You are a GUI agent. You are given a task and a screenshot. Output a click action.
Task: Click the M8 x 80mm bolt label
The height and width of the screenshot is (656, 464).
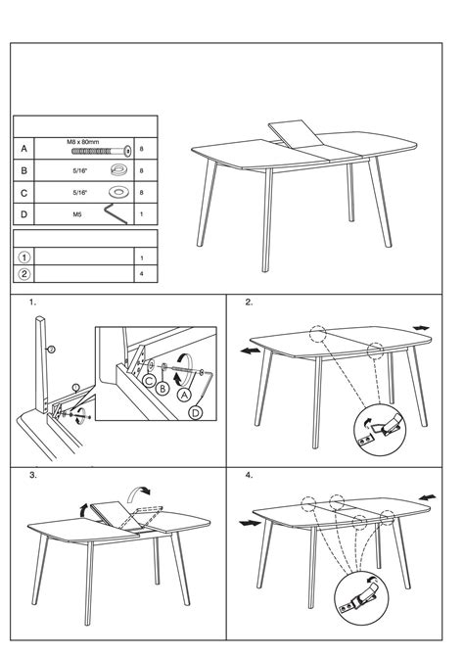tap(83, 142)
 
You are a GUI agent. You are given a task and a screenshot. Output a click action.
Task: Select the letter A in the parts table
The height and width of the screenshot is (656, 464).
tap(23, 149)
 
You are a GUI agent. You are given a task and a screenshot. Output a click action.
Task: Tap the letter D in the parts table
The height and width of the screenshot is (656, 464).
tap(23, 214)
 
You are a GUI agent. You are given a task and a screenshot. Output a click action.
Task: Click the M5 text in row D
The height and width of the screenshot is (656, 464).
tap(77, 214)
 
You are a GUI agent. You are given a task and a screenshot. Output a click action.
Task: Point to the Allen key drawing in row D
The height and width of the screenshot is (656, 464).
tap(116, 213)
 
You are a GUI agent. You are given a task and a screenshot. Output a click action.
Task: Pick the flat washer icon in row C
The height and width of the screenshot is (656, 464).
tap(118, 192)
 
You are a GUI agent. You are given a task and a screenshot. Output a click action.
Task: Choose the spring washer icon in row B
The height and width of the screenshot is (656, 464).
tap(118, 169)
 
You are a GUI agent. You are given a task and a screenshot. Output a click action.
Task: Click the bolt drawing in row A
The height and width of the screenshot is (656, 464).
tap(101, 151)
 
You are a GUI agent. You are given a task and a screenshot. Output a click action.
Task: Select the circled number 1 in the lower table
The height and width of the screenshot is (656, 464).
tap(24, 257)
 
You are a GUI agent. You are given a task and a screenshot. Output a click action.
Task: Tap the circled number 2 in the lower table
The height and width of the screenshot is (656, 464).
tap(24, 274)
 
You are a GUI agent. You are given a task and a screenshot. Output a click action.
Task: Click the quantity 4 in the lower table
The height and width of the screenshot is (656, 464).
tap(141, 274)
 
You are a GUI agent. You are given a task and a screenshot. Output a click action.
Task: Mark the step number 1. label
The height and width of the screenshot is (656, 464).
tap(32, 303)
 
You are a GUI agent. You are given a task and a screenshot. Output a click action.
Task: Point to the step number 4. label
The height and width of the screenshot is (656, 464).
tap(249, 475)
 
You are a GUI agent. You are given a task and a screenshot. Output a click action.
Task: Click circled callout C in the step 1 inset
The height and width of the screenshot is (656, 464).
tap(149, 381)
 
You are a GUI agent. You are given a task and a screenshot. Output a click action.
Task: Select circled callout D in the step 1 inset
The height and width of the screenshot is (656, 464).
tap(196, 413)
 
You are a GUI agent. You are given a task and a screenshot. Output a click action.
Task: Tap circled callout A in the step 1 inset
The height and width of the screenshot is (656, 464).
tap(184, 395)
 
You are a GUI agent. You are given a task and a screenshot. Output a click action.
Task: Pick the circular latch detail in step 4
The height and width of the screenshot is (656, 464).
tap(361, 598)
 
